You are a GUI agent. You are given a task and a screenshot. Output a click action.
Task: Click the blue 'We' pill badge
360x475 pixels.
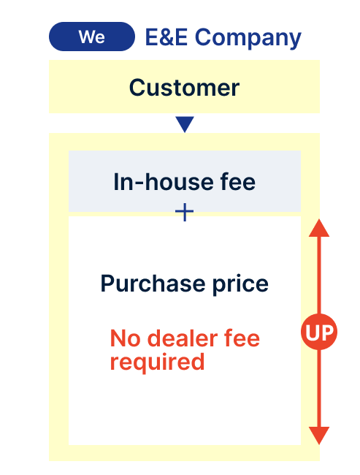92,37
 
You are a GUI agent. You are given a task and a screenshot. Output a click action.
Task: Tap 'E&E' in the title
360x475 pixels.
166,37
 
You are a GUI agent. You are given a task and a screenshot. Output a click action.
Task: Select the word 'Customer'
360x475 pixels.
184,88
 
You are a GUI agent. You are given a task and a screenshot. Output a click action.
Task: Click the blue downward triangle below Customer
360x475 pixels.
185,123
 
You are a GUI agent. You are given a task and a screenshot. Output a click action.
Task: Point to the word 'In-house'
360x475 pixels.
164,182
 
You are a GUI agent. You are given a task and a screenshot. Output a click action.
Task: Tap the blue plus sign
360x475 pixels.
185,212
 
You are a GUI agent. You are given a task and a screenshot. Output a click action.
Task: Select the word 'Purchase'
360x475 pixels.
153,284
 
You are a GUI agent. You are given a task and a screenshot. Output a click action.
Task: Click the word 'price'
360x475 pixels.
240,284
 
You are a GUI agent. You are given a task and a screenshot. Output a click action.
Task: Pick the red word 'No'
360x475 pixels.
125,338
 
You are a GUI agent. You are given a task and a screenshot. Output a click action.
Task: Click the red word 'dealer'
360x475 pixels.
183,338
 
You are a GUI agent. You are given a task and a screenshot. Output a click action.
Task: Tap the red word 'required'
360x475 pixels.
157,362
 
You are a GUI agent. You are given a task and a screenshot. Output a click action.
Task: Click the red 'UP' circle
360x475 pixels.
319,332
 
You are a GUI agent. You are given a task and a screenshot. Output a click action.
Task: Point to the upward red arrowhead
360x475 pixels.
319,227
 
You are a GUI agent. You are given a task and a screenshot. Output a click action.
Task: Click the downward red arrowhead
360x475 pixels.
319,436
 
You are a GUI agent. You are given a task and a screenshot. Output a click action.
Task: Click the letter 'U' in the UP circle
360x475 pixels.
313,332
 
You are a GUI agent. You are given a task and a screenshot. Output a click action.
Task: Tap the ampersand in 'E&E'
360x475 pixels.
166,37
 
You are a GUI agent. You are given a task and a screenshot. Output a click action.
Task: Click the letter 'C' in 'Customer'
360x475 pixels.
137,88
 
